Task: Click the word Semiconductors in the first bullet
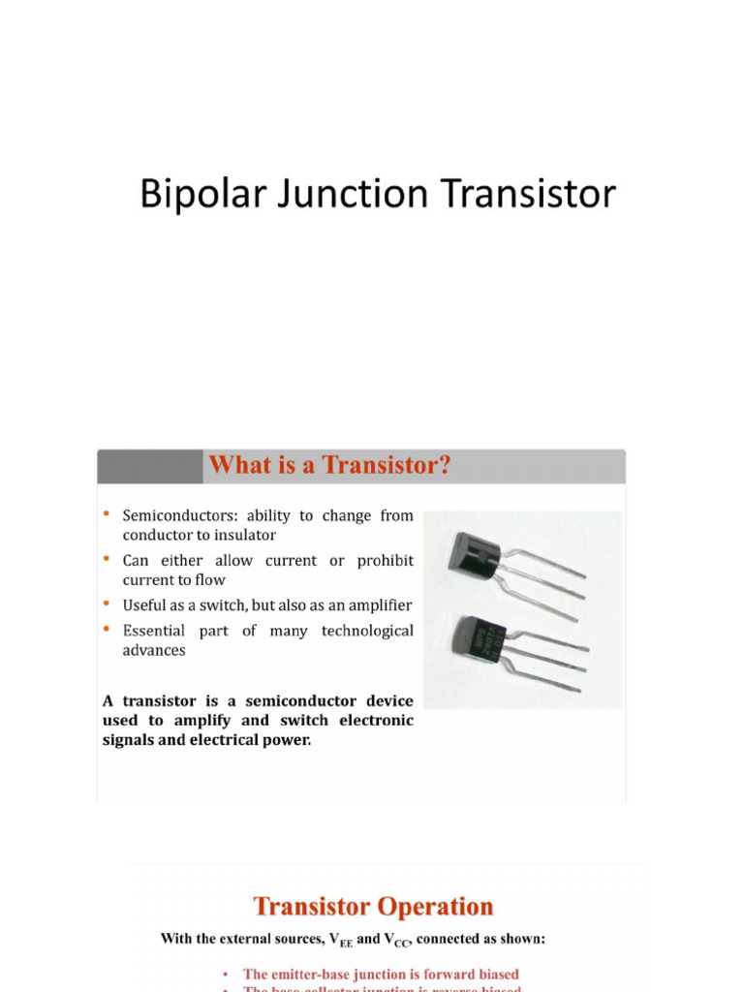tap(178, 516)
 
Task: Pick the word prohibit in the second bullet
tap(385, 561)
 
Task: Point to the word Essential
tap(153, 631)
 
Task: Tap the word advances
tap(153, 650)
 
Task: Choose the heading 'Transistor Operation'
tap(373, 907)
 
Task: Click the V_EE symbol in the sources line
tap(340, 940)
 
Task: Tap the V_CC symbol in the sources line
tap(398, 940)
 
